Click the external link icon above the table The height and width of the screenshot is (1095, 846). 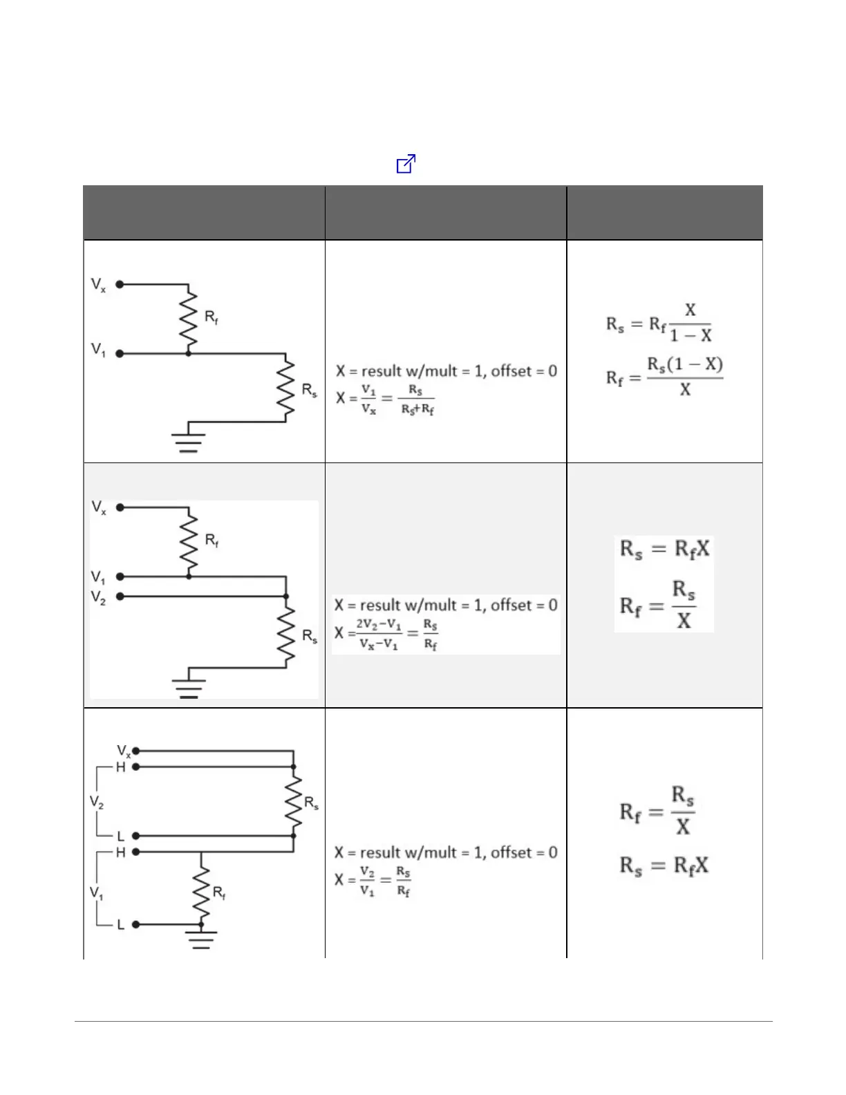coord(406,164)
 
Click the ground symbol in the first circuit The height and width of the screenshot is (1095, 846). coord(189,441)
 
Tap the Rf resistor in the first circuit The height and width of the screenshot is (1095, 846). coord(188,319)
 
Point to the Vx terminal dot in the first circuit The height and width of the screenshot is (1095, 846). coord(120,284)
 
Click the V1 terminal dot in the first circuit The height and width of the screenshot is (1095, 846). coord(120,353)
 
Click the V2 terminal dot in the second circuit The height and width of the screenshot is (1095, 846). coord(120,596)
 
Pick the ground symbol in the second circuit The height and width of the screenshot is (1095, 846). coord(189,687)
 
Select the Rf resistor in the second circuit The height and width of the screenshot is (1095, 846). coord(188,541)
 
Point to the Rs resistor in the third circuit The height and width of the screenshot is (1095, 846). coord(294,802)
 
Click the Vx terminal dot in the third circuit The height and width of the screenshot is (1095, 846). coord(136,751)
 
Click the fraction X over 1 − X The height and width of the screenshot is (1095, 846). coord(690,323)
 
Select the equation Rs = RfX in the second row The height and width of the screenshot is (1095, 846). coord(664,550)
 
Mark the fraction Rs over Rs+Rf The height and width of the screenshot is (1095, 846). coord(416,400)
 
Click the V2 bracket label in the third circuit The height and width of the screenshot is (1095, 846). coord(97,802)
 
